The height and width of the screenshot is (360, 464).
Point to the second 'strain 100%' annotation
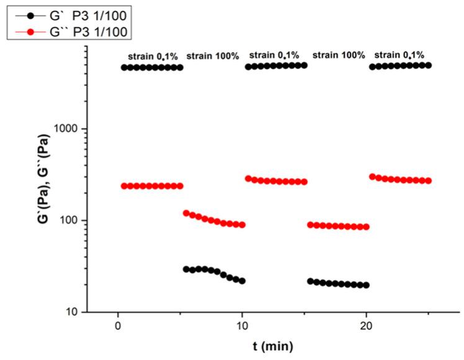[339, 55]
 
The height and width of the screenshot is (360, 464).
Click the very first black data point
[124, 68]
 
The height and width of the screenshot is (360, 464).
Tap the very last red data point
[428, 181]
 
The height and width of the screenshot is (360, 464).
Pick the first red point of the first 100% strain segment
[186, 213]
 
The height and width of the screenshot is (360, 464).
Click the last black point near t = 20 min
[366, 285]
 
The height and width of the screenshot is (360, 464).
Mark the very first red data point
[124, 186]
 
